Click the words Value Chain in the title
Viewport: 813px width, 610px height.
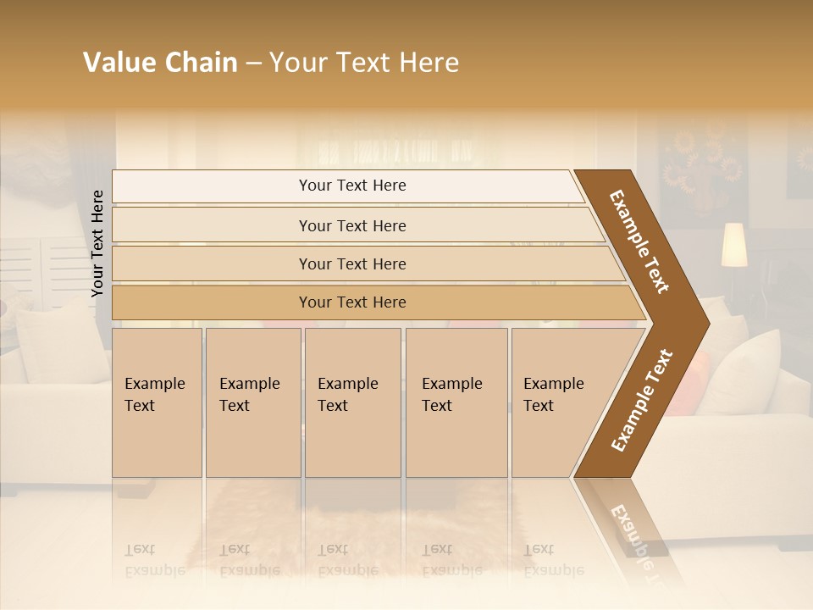point(160,63)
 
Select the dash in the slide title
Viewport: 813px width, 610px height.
point(253,63)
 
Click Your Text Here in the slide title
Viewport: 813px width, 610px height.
point(364,63)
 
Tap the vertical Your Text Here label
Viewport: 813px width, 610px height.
point(98,243)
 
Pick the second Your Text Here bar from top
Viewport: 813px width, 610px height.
point(352,225)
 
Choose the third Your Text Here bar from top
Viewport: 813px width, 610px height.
point(352,263)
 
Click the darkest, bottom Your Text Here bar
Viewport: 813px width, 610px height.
point(352,302)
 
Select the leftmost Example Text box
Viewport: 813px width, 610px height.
point(157,402)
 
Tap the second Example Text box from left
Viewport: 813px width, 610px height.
point(253,402)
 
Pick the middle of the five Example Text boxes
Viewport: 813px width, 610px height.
point(352,402)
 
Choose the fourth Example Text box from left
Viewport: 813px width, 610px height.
point(456,402)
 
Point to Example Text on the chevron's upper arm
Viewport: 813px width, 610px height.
point(639,241)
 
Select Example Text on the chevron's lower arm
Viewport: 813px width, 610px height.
point(642,400)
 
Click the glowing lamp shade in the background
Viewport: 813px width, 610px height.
point(733,245)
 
